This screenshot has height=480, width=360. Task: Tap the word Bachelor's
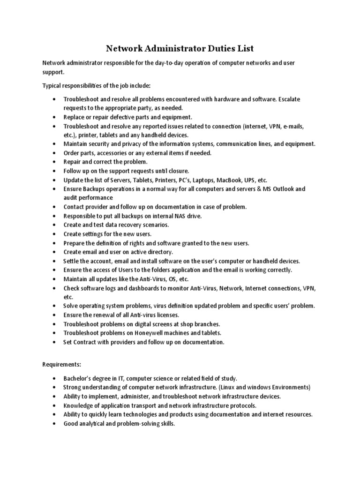click(79, 378)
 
